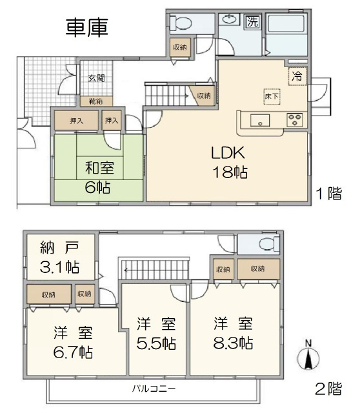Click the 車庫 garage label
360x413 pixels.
pos(87,26)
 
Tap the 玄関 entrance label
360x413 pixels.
pos(96,78)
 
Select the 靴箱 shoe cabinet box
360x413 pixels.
pos(95,101)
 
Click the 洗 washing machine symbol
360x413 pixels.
pos(253,21)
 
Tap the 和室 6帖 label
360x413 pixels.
pos(99,177)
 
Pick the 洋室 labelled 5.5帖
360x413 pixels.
pos(155,332)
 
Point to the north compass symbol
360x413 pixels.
pos(308,357)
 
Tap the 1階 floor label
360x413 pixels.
pos(328,193)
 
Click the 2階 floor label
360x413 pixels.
pos(328,388)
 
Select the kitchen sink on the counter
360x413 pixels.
pos(261,119)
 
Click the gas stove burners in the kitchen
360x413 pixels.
pos(295,119)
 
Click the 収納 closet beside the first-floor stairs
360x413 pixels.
pos(203,96)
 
